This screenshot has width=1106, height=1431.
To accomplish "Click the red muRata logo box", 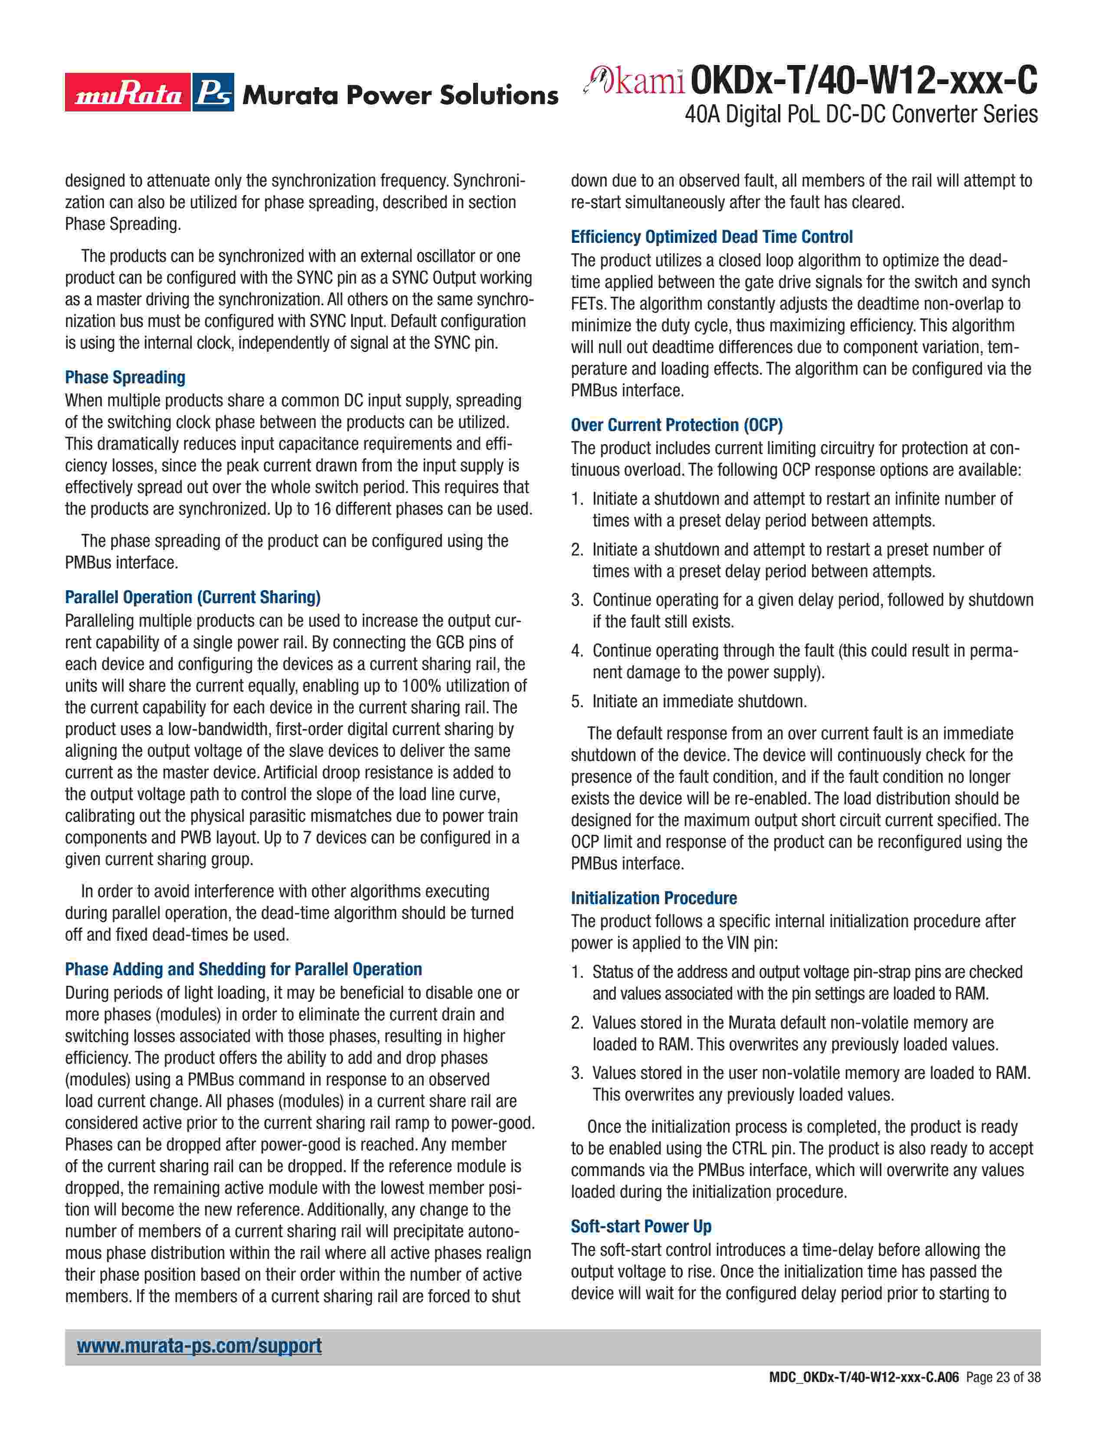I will click(x=128, y=92).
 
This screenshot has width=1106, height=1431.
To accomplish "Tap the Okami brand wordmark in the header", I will click(x=634, y=82).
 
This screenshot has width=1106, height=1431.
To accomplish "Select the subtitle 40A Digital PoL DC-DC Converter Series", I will click(x=861, y=114).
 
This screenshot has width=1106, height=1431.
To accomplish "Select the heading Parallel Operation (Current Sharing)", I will click(x=193, y=597).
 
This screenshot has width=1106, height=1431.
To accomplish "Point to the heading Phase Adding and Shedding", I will click(x=243, y=969).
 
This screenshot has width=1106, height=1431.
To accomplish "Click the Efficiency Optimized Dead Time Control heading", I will click(x=712, y=236).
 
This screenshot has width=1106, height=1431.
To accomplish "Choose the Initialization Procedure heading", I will click(x=654, y=898).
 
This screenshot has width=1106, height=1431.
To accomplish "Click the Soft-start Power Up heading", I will click(x=641, y=1226).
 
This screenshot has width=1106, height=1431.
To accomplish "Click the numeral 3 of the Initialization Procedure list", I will click(x=576, y=1073).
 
